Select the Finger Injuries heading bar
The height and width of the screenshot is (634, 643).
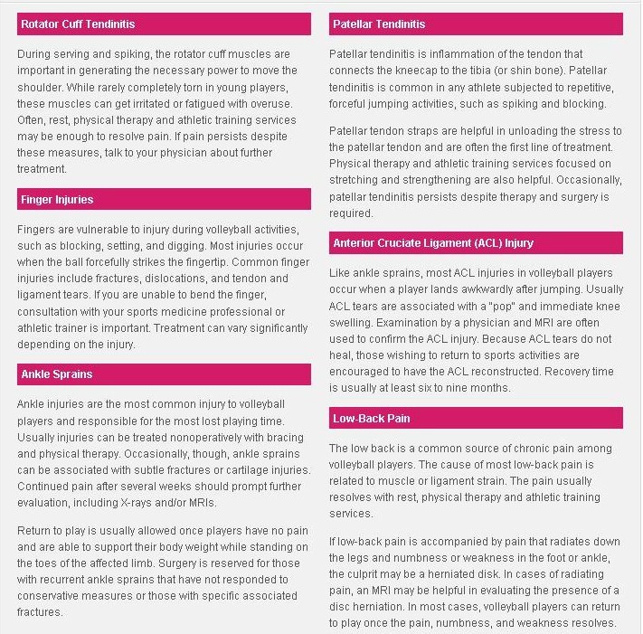(x=56, y=199)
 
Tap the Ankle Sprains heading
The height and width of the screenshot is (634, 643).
(x=56, y=374)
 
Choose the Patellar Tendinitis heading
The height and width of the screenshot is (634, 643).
(x=378, y=24)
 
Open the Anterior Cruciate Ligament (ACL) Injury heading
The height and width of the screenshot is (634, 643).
(x=433, y=242)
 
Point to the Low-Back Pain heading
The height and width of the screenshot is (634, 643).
(x=372, y=418)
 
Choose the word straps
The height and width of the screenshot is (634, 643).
(x=422, y=132)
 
